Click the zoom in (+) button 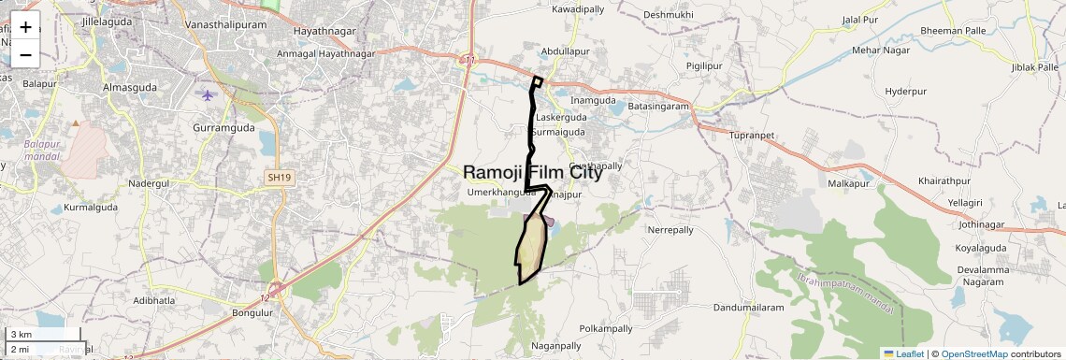click(x=25, y=26)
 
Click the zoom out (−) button click(x=25, y=54)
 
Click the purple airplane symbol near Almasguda click(x=208, y=95)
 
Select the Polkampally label click(x=606, y=329)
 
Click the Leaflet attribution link click(x=904, y=353)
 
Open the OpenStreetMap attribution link click(x=973, y=353)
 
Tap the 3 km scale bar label click(x=21, y=335)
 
